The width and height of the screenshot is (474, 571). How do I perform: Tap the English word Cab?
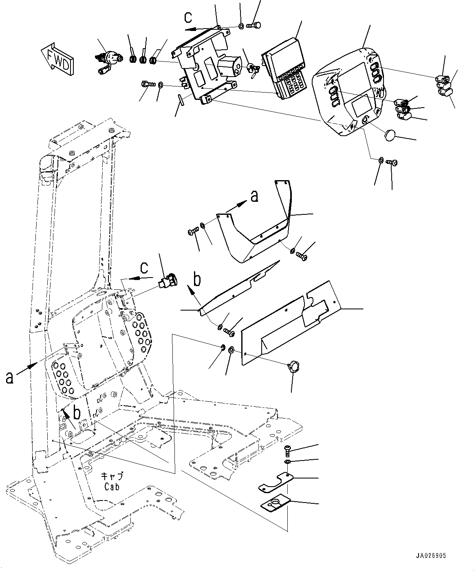tap(112, 486)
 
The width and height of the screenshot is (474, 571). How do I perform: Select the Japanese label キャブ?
tap(112, 476)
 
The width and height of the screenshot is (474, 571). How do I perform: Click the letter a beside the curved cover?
tap(254, 197)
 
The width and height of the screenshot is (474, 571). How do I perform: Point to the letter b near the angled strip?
tap(197, 280)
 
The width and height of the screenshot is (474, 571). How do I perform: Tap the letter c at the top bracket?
tap(188, 18)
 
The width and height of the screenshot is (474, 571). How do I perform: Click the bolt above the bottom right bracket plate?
tap(287, 450)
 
